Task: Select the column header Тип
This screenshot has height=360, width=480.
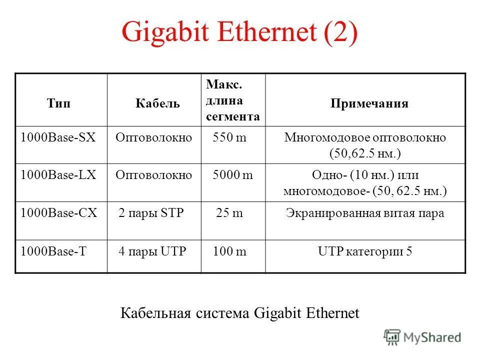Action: pyautogui.click(x=58, y=103)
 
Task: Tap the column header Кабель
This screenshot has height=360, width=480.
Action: pyautogui.click(x=157, y=103)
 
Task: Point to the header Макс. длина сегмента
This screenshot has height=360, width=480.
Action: pyautogui.click(x=233, y=100)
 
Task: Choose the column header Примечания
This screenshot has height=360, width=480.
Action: pyautogui.click(x=369, y=103)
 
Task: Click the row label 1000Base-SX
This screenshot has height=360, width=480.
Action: pyautogui.click(x=57, y=137)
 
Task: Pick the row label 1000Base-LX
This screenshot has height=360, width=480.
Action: pyautogui.click(x=58, y=175)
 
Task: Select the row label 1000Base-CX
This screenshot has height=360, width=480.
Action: pyautogui.click(x=58, y=213)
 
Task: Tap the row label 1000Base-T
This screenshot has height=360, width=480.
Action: pyautogui.click(x=53, y=251)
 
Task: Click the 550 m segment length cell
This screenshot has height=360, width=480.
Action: pyautogui.click(x=229, y=137)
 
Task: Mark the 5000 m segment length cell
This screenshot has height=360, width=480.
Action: pyautogui.click(x=232, y=175)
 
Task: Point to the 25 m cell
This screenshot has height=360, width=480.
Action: pyautogui.click(x=229, y=213)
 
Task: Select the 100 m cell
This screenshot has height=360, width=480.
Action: pyautogui.click(x=229, y=251)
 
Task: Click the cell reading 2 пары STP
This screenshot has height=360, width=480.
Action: pyautogui.click(x=151, y=213)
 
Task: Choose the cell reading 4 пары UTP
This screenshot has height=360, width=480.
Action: pyautogui.click(x=152, y=251)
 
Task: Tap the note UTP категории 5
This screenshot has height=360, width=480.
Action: pyautogui.click(x=365, y=251)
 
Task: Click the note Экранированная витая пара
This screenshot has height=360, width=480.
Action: pyautogui.click(x=365, y=213)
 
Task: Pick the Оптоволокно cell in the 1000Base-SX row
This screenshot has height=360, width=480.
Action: pyautogui.click(x=154, y=137)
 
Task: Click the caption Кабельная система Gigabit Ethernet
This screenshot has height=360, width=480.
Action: pyautogui.click(x=240, y=313)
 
